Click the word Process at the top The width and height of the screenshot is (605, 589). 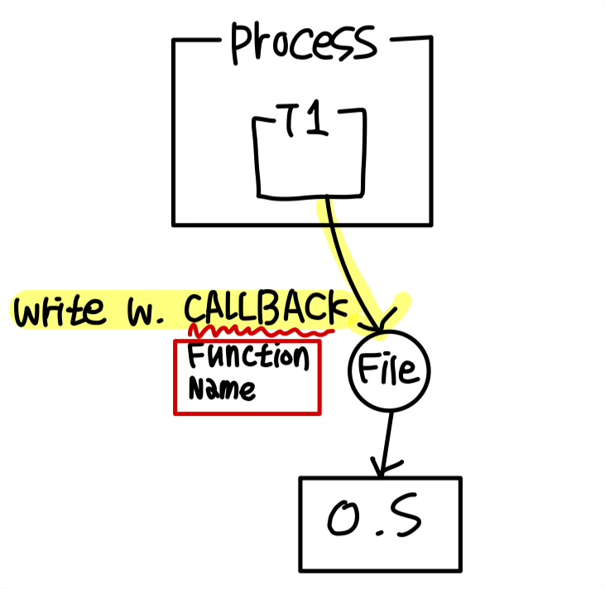coord(302,41)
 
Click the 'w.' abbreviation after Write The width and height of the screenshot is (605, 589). coord(146,312)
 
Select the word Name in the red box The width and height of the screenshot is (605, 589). coord(223,388)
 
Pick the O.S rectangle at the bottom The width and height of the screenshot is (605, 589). coord(378,523)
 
